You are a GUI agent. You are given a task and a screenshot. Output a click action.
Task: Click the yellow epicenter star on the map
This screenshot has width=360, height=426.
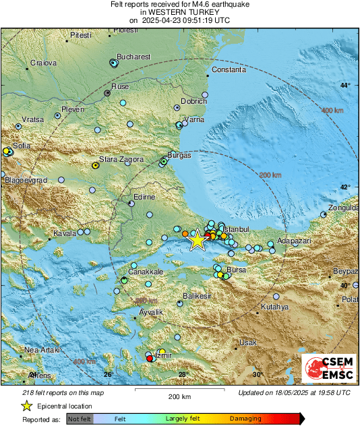(197, 241)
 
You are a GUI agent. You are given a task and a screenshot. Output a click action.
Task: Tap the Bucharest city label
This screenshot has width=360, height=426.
(133, 57)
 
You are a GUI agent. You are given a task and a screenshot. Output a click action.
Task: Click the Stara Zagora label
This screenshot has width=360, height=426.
(121, 159)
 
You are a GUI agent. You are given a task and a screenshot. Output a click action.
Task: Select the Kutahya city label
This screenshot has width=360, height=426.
(274, 307)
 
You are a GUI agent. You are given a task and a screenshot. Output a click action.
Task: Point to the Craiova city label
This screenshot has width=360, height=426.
(44, 63)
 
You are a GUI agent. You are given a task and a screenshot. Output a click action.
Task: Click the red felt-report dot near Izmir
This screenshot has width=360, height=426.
(150, 359)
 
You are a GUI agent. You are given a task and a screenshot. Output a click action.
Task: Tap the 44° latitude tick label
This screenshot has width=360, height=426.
(345, 86)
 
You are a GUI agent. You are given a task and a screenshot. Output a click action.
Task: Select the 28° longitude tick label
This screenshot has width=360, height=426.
(183, 374)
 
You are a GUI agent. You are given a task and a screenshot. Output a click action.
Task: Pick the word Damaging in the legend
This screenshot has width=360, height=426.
(245, 419)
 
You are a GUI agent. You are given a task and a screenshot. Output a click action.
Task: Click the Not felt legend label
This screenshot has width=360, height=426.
(80, 419)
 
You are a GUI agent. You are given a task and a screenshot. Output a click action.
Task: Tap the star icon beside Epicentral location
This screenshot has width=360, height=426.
(27, 406)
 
